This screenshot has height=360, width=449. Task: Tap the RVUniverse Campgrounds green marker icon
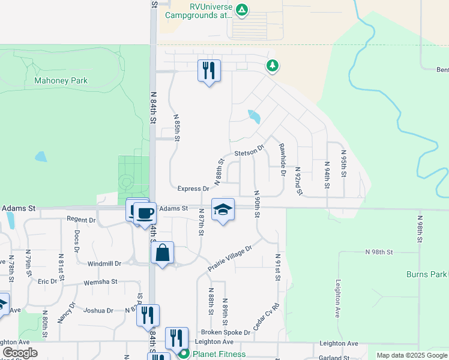pos(241,10)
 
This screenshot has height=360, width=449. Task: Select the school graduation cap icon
pos(223,209)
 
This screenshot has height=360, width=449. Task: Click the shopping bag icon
pos(163,253)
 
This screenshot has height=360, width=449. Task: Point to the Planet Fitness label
pos(219,354)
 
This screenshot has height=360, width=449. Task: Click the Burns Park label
pos(426,274)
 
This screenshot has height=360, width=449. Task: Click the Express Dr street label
pos(193,188)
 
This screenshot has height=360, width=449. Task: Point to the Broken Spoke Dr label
pos(225,332)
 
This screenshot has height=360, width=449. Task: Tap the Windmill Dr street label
pos(104,263)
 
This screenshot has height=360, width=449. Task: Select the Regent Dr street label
pos(82,220)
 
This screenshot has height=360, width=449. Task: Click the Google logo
pos(20,353)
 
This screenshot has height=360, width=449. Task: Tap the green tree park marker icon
pos(273,65)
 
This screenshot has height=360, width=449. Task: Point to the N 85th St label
pos(177,128)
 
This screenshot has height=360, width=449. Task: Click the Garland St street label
pos(330,358)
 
